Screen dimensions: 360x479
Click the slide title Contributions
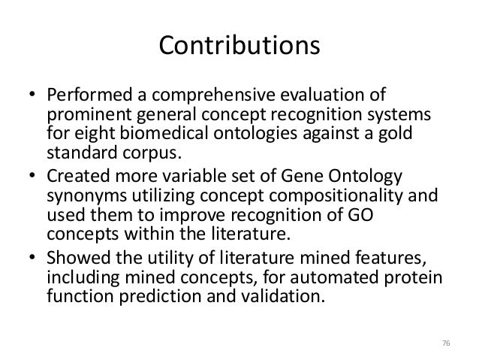[239, 46]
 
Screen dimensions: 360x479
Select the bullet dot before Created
[33, 177]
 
